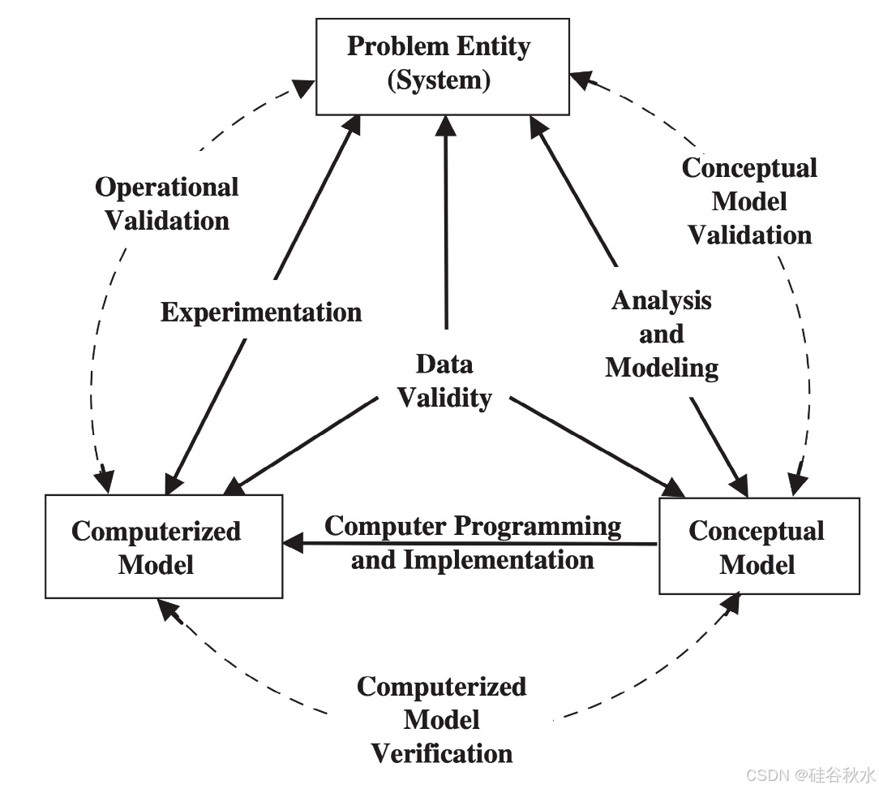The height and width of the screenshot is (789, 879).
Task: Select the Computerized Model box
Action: [x=164, y=546]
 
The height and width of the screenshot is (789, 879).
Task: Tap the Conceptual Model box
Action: [x=758, y=546]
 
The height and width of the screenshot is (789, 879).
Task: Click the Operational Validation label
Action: [x=167, y=203]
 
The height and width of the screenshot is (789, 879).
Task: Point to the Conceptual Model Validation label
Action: [x=749, y=201]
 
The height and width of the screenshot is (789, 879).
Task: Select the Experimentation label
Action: [x=261, y=313]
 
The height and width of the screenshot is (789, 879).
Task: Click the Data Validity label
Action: [x=444, y=381]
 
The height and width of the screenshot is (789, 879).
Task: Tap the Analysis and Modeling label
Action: [x=662, y=334]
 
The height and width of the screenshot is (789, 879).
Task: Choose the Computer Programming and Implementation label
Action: [x=473, y=542]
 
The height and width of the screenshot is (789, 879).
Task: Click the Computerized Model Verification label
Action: [x=442, y=719]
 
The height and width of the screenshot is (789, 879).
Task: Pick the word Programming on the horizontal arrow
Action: [x=537, y=526]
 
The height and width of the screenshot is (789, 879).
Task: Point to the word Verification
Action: [x=442, y=752]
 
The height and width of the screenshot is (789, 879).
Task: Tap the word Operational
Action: [x=167, y=187]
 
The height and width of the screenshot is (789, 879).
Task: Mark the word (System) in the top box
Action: [x=439, y=81]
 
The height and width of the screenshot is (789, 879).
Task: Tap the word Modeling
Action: [x=662, y=368]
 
